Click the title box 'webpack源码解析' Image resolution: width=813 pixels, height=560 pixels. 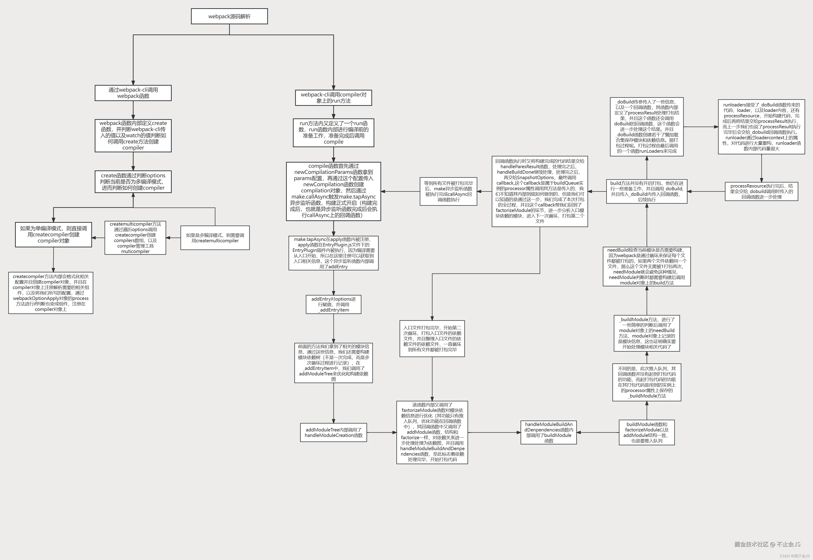[x=229, y=16]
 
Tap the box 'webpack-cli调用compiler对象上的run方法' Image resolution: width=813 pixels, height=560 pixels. [x=333, y=98]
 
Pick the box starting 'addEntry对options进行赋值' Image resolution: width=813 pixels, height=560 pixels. [x=333, y=304]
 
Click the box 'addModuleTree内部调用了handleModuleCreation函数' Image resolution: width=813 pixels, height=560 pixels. [x=333, y=432]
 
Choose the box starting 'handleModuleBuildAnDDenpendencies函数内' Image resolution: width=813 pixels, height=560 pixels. [x=549, y=432]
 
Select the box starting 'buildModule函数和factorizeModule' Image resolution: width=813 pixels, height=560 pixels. [x=646, y=432]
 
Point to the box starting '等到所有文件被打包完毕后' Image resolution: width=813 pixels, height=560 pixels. [x=448, y=191]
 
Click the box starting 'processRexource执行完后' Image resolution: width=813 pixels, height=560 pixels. [x=761, y=191]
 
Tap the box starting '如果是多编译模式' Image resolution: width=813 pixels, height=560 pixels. [x=215, y=237]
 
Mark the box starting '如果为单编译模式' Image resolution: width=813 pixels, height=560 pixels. [x=53, y=234]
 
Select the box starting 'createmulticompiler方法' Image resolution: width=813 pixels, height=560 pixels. [x=135, y=237]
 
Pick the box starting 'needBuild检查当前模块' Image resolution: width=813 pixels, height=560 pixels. [x=646, y=266]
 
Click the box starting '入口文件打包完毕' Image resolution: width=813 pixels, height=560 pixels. [x=432, y=338]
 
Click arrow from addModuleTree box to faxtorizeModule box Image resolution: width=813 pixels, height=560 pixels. [x=381, y=432]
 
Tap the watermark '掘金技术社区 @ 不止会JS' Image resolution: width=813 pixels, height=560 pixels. [x=767, y=544]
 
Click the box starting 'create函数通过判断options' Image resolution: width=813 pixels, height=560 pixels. [x=133, y=182]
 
